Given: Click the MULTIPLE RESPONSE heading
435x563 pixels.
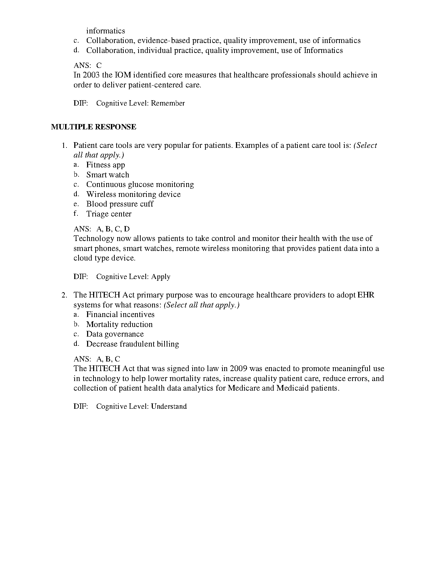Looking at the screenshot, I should click(93, 127).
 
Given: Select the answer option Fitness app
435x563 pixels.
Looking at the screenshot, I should click(106, 165).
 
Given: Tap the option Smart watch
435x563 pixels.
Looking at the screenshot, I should click(108, 175).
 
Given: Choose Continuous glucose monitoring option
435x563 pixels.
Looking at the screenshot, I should click(140, 184).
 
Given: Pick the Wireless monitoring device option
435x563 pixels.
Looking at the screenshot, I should click(133, 194).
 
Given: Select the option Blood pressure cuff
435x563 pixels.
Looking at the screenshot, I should click(120, 204).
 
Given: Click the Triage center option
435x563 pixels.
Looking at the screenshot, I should click(109, 214).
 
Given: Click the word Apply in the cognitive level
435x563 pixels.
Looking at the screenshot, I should click(161, 277).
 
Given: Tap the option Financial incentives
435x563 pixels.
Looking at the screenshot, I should click(120, 315).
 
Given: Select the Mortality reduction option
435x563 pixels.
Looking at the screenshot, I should click(119, 325).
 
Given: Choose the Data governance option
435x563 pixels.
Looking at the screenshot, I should click(115, 334).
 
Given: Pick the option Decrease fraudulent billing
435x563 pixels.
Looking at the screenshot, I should click(133, 344).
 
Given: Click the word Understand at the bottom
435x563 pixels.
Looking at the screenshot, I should click(169, 407).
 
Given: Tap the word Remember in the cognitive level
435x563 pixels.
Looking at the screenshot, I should click(168, 103).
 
